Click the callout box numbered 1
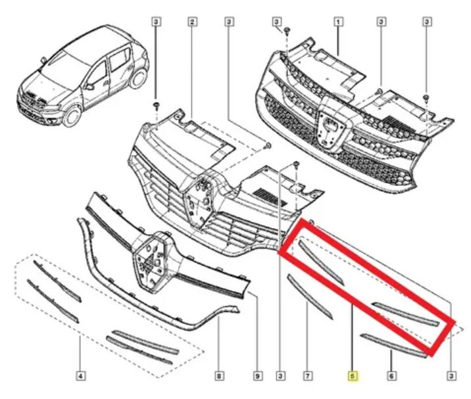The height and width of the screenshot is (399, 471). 338,22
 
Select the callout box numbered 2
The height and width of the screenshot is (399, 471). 192,22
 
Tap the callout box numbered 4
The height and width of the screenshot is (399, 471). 80,375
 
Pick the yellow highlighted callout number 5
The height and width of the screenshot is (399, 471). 353,375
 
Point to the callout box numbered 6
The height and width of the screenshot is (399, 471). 391,375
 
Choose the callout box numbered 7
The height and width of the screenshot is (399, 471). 308,375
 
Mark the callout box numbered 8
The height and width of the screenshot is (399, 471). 219,375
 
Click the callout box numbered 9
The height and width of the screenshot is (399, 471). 257,375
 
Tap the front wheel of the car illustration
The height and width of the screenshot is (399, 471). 72,116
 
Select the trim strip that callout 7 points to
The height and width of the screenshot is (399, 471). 310,296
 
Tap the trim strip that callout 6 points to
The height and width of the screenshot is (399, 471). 393,346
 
